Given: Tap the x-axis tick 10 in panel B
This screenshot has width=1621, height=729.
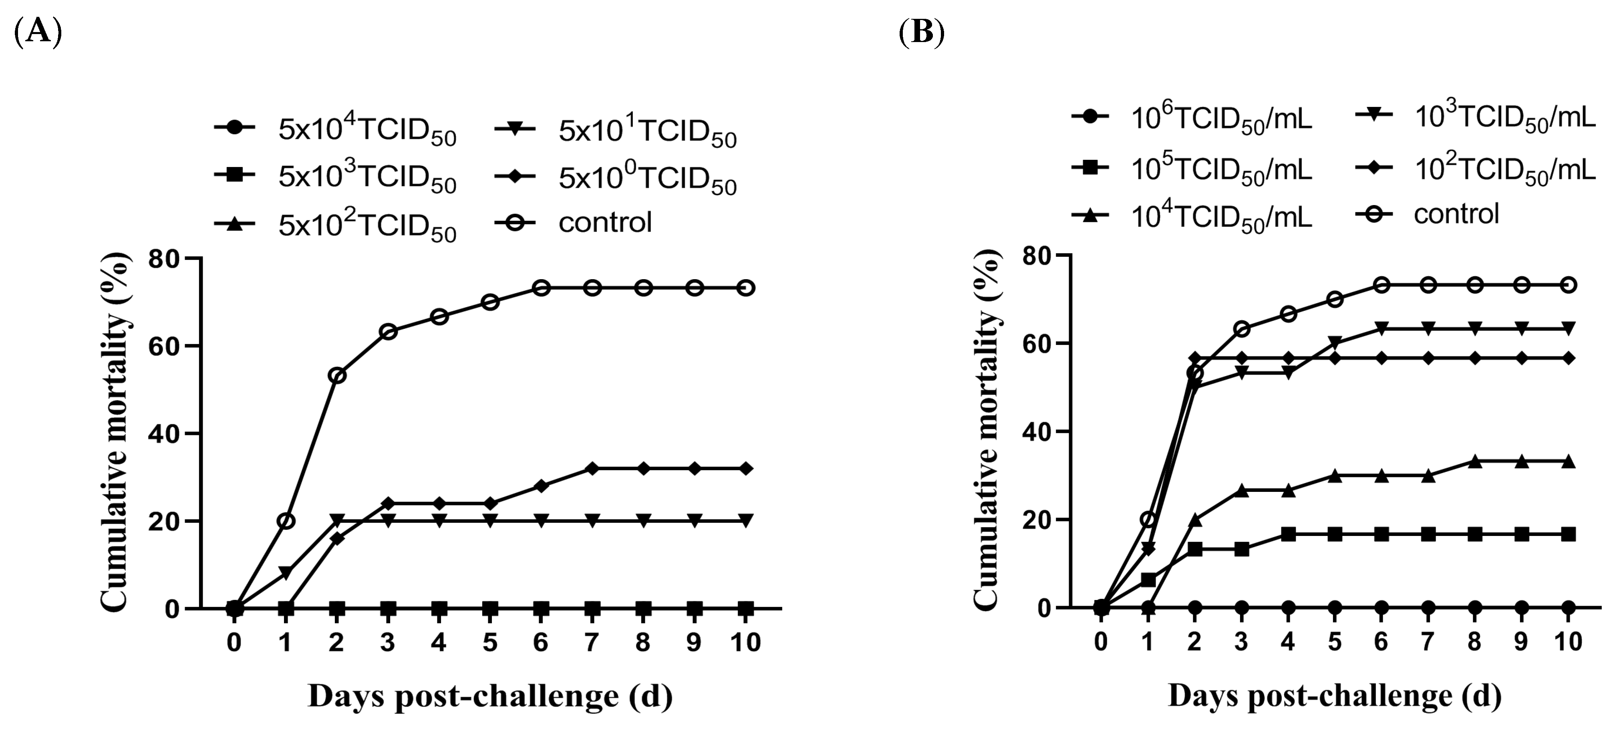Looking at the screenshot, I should point(1568,642).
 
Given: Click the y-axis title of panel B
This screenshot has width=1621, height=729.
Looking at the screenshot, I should point(987,431).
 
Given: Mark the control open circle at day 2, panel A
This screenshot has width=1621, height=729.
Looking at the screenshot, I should point(337,376).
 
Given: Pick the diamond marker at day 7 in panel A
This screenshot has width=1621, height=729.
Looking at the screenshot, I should point(592,468).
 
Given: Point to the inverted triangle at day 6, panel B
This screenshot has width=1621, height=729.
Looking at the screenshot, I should point(1381,328).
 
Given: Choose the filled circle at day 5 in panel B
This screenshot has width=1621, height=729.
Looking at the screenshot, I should point(1335,608).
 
